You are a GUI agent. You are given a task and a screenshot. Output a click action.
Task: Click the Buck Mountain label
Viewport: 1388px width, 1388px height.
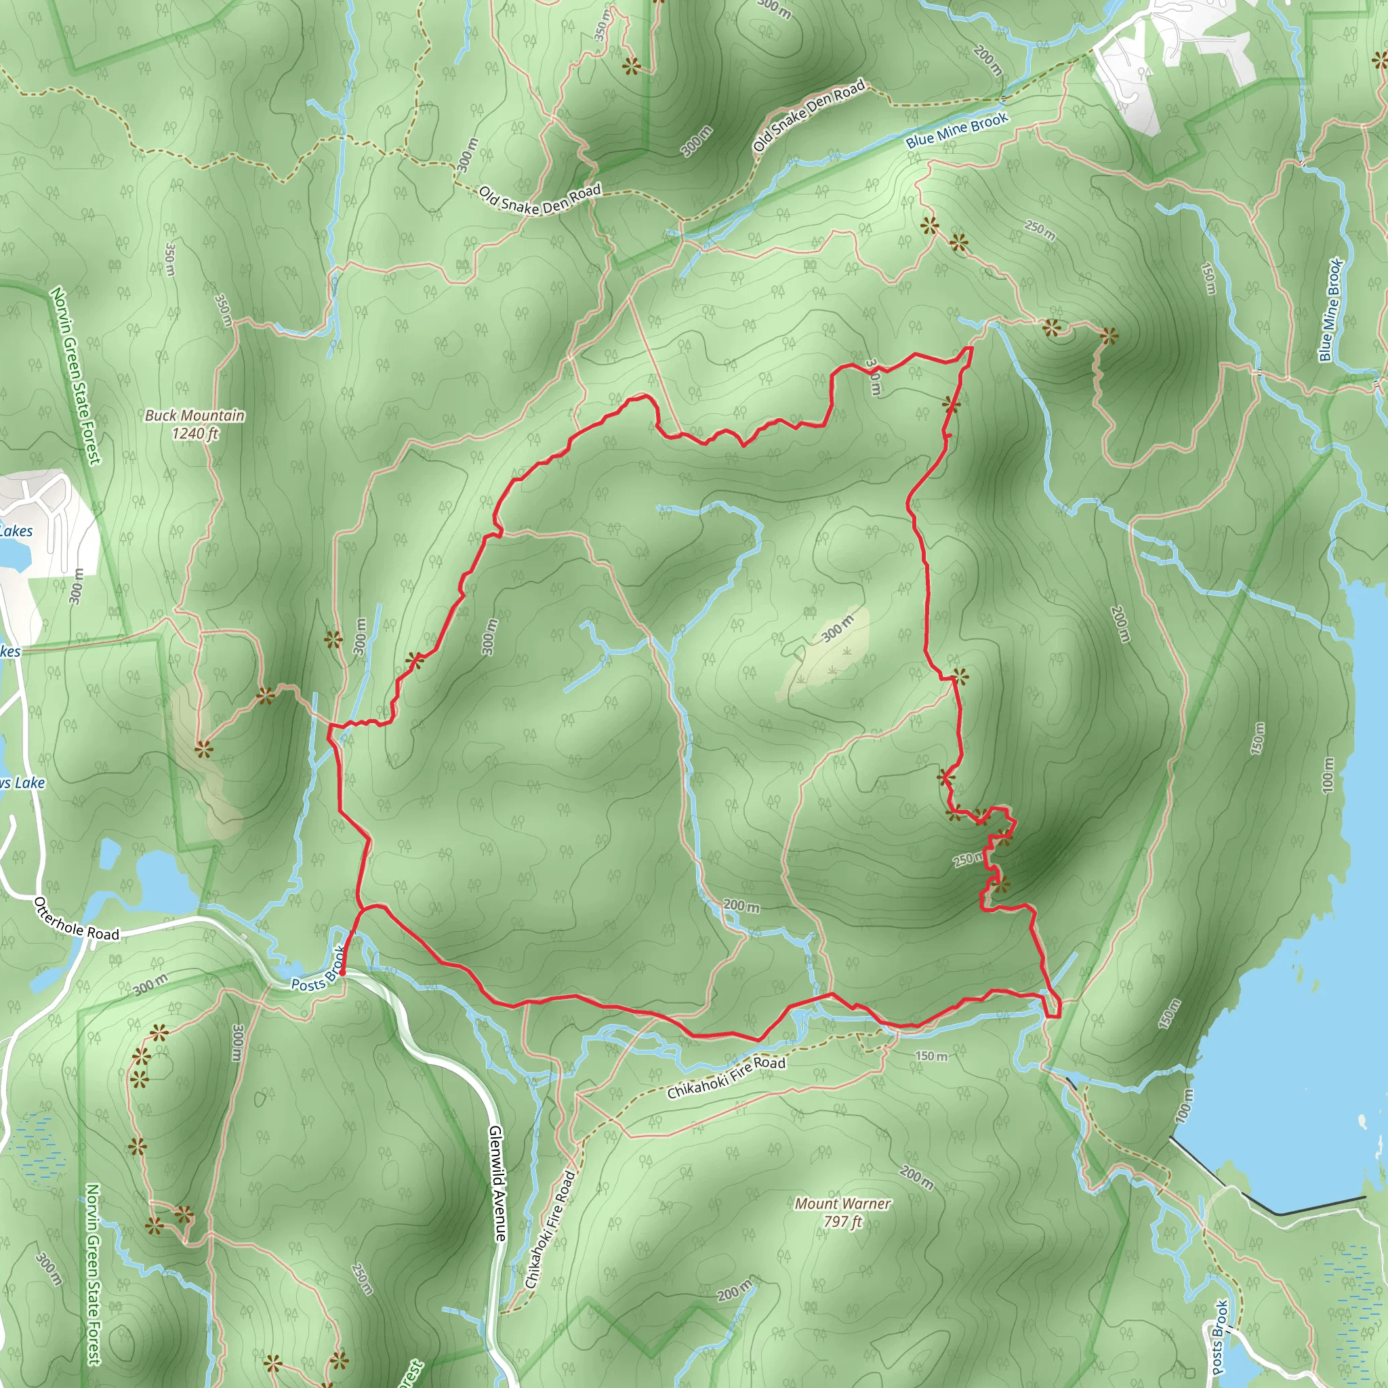pos(195,415)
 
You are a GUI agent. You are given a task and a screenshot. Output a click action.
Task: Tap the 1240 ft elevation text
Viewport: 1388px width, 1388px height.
pos(195,433)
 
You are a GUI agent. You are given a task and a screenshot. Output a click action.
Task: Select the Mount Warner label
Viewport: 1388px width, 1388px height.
pos(842,1204)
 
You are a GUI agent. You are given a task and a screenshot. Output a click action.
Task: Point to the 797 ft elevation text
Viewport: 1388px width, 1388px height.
pos(842,1221)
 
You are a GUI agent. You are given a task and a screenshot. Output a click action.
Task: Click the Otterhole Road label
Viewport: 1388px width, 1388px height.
pos(76,920)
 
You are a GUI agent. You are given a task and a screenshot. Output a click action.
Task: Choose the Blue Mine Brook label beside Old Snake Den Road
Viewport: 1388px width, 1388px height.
pos(957,130)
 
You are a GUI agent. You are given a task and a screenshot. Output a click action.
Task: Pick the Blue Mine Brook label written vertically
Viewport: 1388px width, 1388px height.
pos(1330,310)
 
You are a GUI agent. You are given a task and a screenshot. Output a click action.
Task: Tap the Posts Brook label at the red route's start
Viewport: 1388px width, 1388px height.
pos(318,970)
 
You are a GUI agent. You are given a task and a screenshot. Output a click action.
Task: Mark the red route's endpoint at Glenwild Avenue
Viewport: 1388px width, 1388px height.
pos(342,973)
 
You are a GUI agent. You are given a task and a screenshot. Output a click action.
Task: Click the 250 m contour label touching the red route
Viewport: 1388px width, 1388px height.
pos(967,859)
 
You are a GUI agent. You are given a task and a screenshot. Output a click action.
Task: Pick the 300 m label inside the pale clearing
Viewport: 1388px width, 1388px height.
pos(837,629)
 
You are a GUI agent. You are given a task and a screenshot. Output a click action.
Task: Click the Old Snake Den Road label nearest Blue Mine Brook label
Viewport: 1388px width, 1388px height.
pos(809,115)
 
